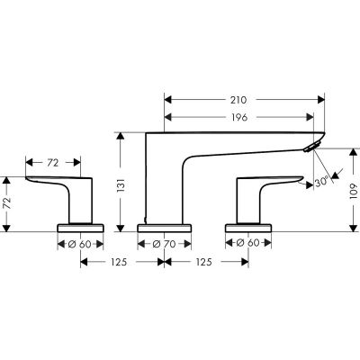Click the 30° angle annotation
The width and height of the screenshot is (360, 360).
tap(321, 183)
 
